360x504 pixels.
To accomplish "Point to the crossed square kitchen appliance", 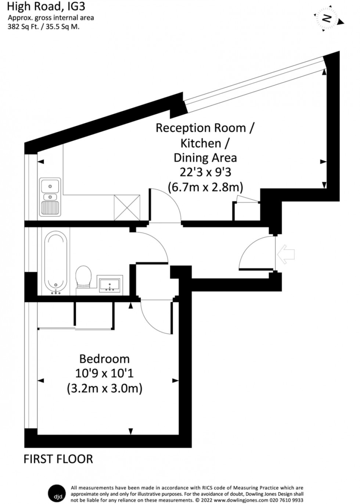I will (x=127, y=208).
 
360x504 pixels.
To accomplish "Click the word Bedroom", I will (x=104, y=359).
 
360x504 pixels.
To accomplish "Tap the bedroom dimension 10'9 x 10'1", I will (x=104, y=374).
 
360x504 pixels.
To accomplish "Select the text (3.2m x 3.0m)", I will (x=104, y=388).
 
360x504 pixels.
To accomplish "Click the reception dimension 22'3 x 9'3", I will (x=205, y=173).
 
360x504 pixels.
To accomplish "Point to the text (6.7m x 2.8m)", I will (x=205, y=187).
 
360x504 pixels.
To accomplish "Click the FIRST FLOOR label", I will (x=58, y=459).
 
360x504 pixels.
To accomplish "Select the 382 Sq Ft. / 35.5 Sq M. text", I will (x=43, y=27).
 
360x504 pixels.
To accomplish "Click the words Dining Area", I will (x=205, y=158).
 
